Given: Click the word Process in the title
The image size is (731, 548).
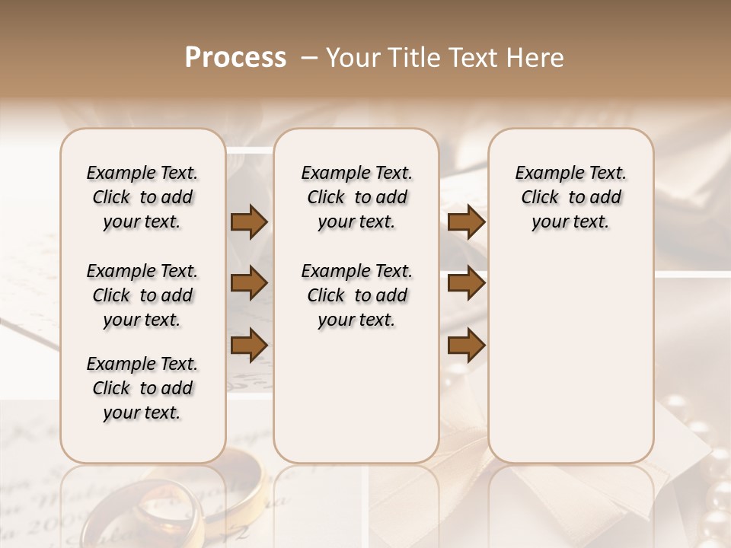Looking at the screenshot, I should click(235, 58).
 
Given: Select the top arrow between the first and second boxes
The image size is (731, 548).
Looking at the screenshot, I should click(249, 222).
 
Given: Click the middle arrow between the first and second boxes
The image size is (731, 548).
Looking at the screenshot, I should click(249, 284).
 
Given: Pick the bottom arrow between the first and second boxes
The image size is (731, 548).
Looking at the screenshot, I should click(249, 345).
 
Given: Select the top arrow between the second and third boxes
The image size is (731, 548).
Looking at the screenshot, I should click(466, 222).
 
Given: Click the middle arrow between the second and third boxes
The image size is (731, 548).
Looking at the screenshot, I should click(466, 284).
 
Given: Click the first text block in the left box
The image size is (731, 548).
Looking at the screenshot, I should click(142, 197).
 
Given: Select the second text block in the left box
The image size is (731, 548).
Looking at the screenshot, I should click(142, 295).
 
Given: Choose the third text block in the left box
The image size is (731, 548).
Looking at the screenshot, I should click(142, 388).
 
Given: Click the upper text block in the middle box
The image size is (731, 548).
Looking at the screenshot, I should click(356, 197).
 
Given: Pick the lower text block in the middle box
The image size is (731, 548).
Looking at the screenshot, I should click(356, 295).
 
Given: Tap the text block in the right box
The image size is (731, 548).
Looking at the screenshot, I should click(570, 197).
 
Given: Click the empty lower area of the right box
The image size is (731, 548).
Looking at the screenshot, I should click(570, 358).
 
